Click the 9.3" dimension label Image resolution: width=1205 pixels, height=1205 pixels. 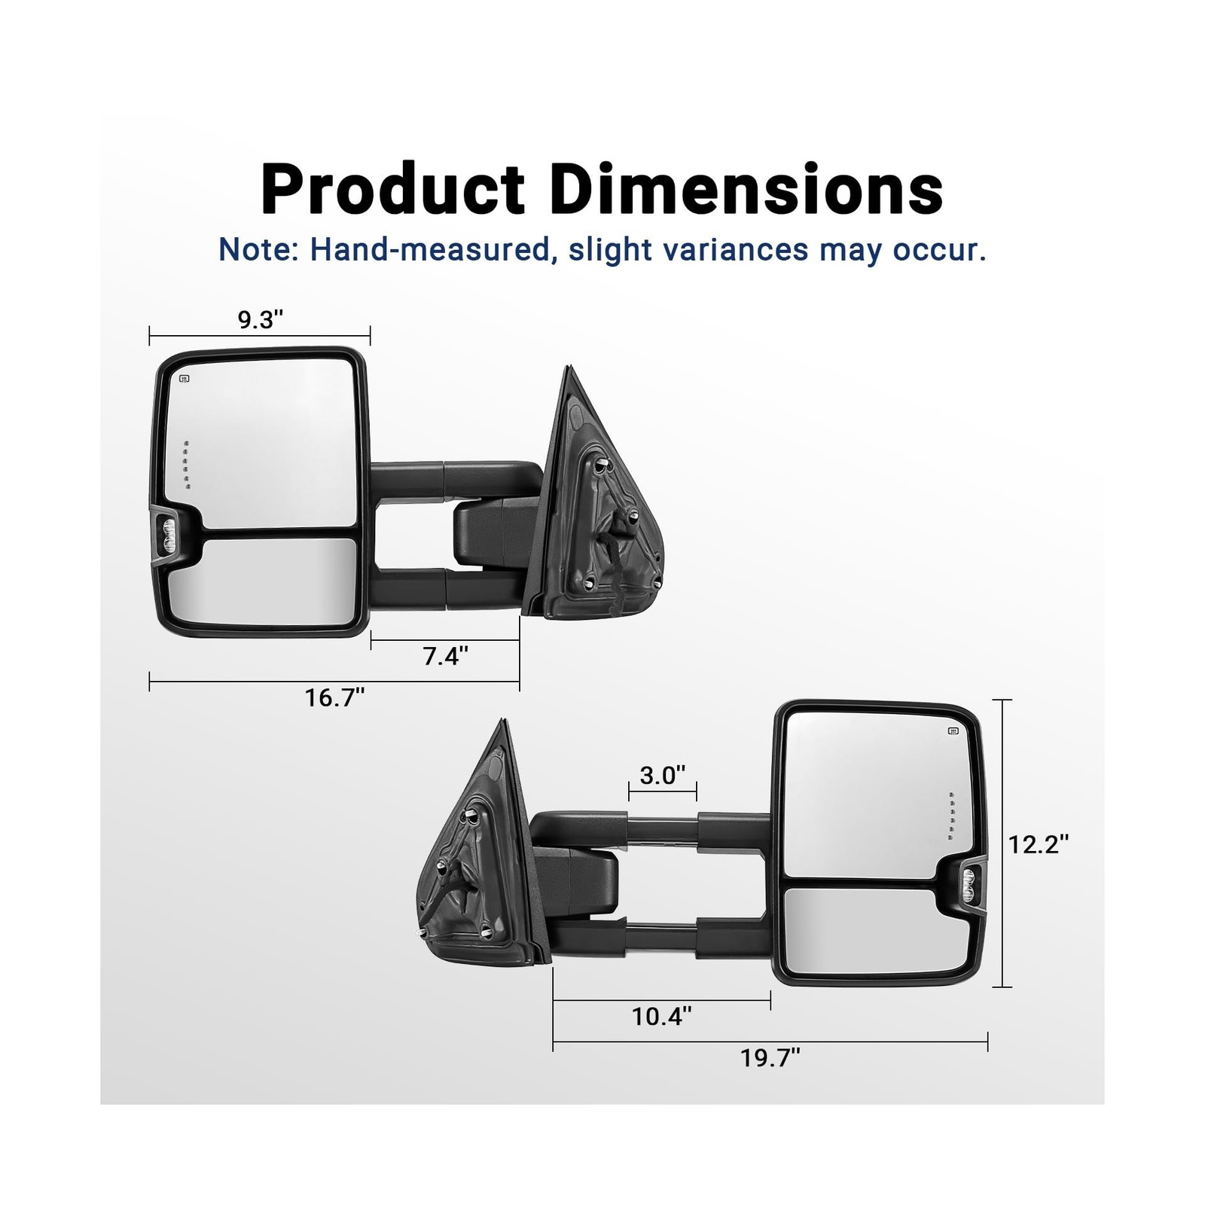coord(261,320)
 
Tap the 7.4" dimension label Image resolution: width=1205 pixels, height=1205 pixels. coord(446,656)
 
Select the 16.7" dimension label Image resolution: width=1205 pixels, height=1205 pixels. coord(335,697)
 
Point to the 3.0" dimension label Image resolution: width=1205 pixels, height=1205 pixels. coord(663,775)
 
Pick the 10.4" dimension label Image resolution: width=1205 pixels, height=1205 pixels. coord(662,1017)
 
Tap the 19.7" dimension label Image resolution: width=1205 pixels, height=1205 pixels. coord(770,1058)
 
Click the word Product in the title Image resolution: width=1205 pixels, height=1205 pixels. coord(392,189)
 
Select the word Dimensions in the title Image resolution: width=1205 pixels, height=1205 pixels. coord(746,189)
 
